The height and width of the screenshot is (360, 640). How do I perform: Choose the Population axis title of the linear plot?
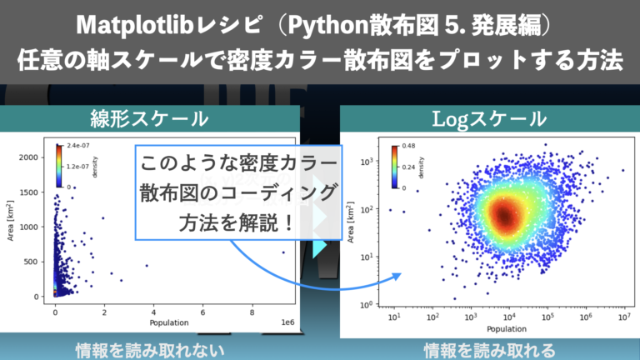(x=168, y=322)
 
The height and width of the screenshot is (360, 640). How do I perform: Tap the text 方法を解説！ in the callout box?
(x=237, y=223)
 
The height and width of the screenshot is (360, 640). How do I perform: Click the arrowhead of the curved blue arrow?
(x=395, y=276)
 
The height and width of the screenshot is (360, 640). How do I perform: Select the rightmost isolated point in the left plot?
(x=283, y=252)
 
